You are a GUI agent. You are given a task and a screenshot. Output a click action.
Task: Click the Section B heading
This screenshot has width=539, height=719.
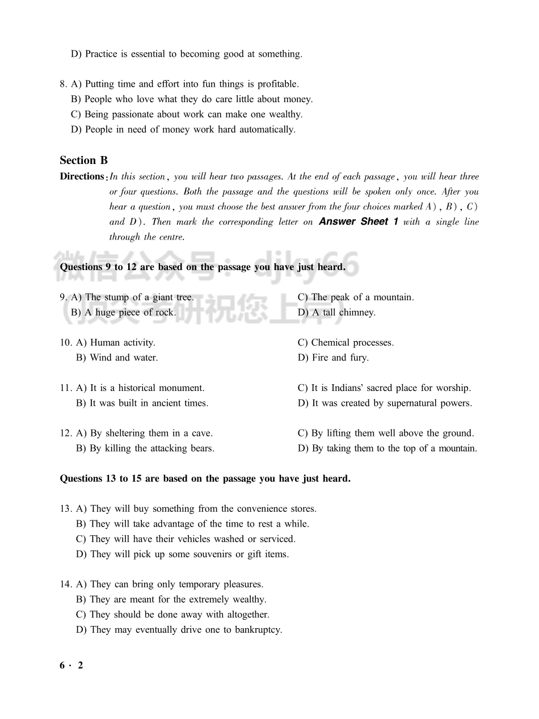click(83, 160)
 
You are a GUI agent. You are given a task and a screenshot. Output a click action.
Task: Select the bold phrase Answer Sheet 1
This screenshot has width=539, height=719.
click(358, 221)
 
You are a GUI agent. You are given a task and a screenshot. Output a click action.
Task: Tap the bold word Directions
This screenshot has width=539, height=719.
click(82, 176)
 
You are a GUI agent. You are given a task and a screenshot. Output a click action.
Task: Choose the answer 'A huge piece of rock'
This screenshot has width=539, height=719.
click(130, 312)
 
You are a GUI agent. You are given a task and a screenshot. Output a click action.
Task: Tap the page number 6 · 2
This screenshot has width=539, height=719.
click(71, 666)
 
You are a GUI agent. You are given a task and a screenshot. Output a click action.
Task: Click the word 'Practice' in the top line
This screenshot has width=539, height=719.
click(101, 54)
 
